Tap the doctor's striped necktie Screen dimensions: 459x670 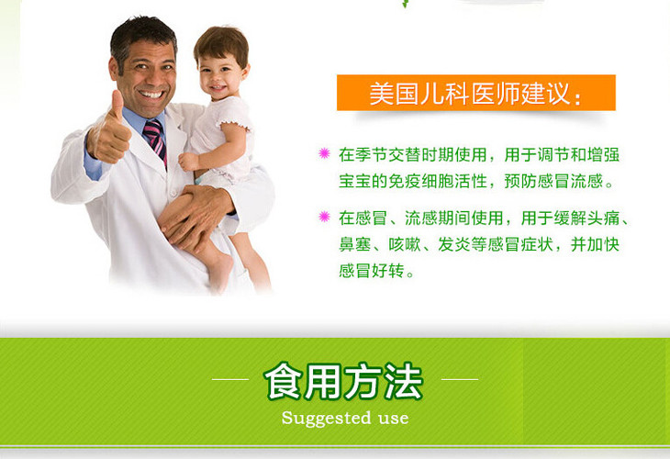(155, 138)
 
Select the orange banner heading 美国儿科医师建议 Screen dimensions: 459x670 (475, 94)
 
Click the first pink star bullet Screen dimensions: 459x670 (324, 153)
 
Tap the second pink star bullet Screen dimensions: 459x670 (324, 218)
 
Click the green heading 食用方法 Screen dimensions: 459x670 (343, 382)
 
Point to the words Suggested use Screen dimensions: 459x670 (344, 419)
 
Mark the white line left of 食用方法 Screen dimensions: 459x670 (230, 378)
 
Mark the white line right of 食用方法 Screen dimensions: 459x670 (459, 378)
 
